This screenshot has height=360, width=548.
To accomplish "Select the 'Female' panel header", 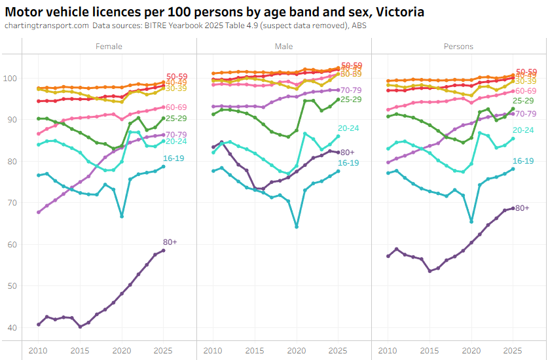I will pos(109,46).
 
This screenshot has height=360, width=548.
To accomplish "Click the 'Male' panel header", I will pos(284,46).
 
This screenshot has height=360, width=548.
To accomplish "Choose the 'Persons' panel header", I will pos(458,46).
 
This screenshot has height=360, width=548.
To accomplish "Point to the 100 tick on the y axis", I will pos(11,79).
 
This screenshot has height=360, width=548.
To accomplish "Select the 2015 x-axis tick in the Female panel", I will pos(80,351).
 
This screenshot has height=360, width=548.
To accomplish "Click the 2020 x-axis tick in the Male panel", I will pos(297,351).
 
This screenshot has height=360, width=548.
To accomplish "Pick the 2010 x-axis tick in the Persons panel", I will pos(388,351).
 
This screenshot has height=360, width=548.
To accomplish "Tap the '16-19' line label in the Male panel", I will pos(350,162).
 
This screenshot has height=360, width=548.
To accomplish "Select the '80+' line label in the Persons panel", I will pos(522,208).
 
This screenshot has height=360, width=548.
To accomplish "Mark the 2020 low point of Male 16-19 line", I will pos(297,226).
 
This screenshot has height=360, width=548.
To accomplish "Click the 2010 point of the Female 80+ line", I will pos(39,325).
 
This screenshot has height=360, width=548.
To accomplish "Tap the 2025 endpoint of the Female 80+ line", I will pos(163,251).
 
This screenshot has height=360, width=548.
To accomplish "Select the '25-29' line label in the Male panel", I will pos(351,99).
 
